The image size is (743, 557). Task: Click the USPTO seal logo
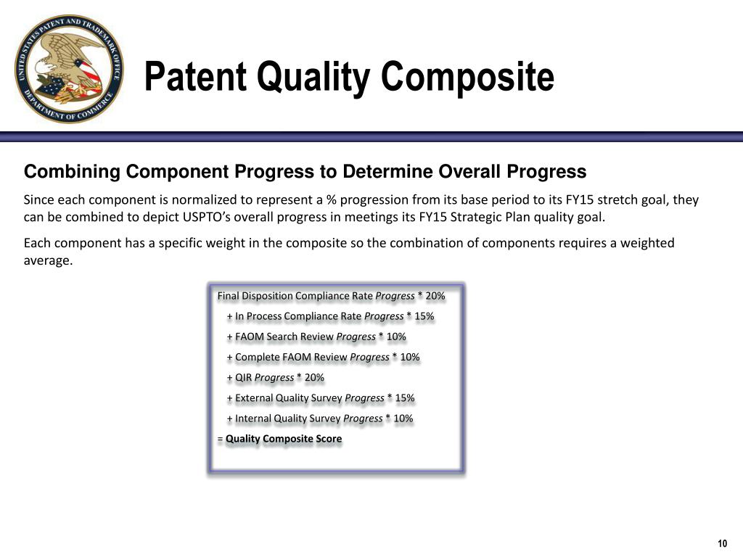[x=69, y=69]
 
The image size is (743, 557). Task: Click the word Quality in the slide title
[x=313, y=77]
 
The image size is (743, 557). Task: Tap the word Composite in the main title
[x=467, y=77]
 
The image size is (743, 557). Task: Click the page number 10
[x=722, y=543]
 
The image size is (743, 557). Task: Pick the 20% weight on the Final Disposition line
[x=435, y=296]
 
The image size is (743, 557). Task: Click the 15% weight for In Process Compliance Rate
[x=424, y=316]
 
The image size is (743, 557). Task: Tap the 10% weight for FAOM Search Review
[x=396, y=337]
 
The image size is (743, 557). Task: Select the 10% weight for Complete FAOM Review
[x=410, y=357]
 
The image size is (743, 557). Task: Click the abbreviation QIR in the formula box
[x=243, y=378]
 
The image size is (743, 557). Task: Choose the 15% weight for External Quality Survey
[x=405, y=398]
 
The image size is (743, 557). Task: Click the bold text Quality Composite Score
[x=284, y=439]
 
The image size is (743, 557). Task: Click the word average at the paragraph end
[x=48, y=260]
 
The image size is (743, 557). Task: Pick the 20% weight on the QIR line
[x=314, y=378]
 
